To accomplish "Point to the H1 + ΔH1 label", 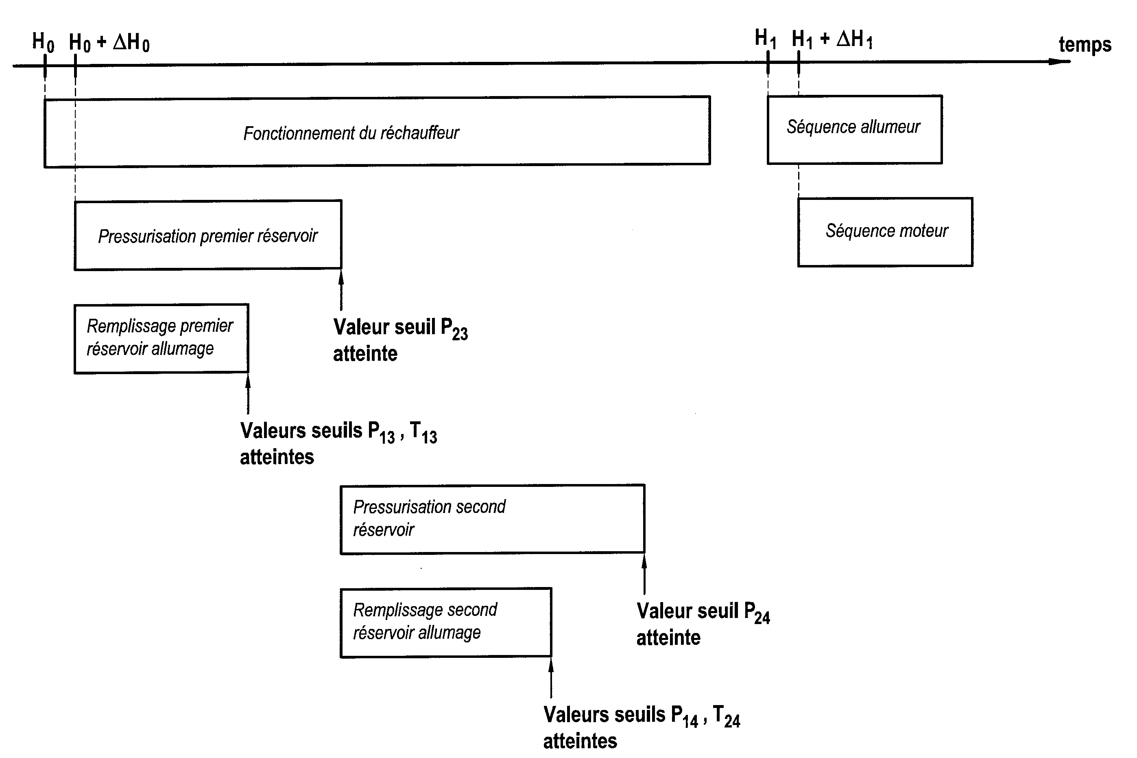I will tap(832, 39).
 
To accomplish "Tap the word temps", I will tap(1085, 45).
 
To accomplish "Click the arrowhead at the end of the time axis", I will tap(1063, 61).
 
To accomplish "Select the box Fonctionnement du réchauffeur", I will tap(377, 132).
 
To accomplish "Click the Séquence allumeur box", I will tap(854, 129).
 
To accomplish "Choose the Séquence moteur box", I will tap(885, 232).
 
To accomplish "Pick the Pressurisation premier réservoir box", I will tap(208, 235).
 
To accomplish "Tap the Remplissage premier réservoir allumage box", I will tap(161, 338).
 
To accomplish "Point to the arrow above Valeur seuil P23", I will tap(341, 290).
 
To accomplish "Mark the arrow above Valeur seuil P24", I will tap(644, 574).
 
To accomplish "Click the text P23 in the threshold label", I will tap(454, 329).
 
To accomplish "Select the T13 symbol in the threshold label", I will tap(423, 432).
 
